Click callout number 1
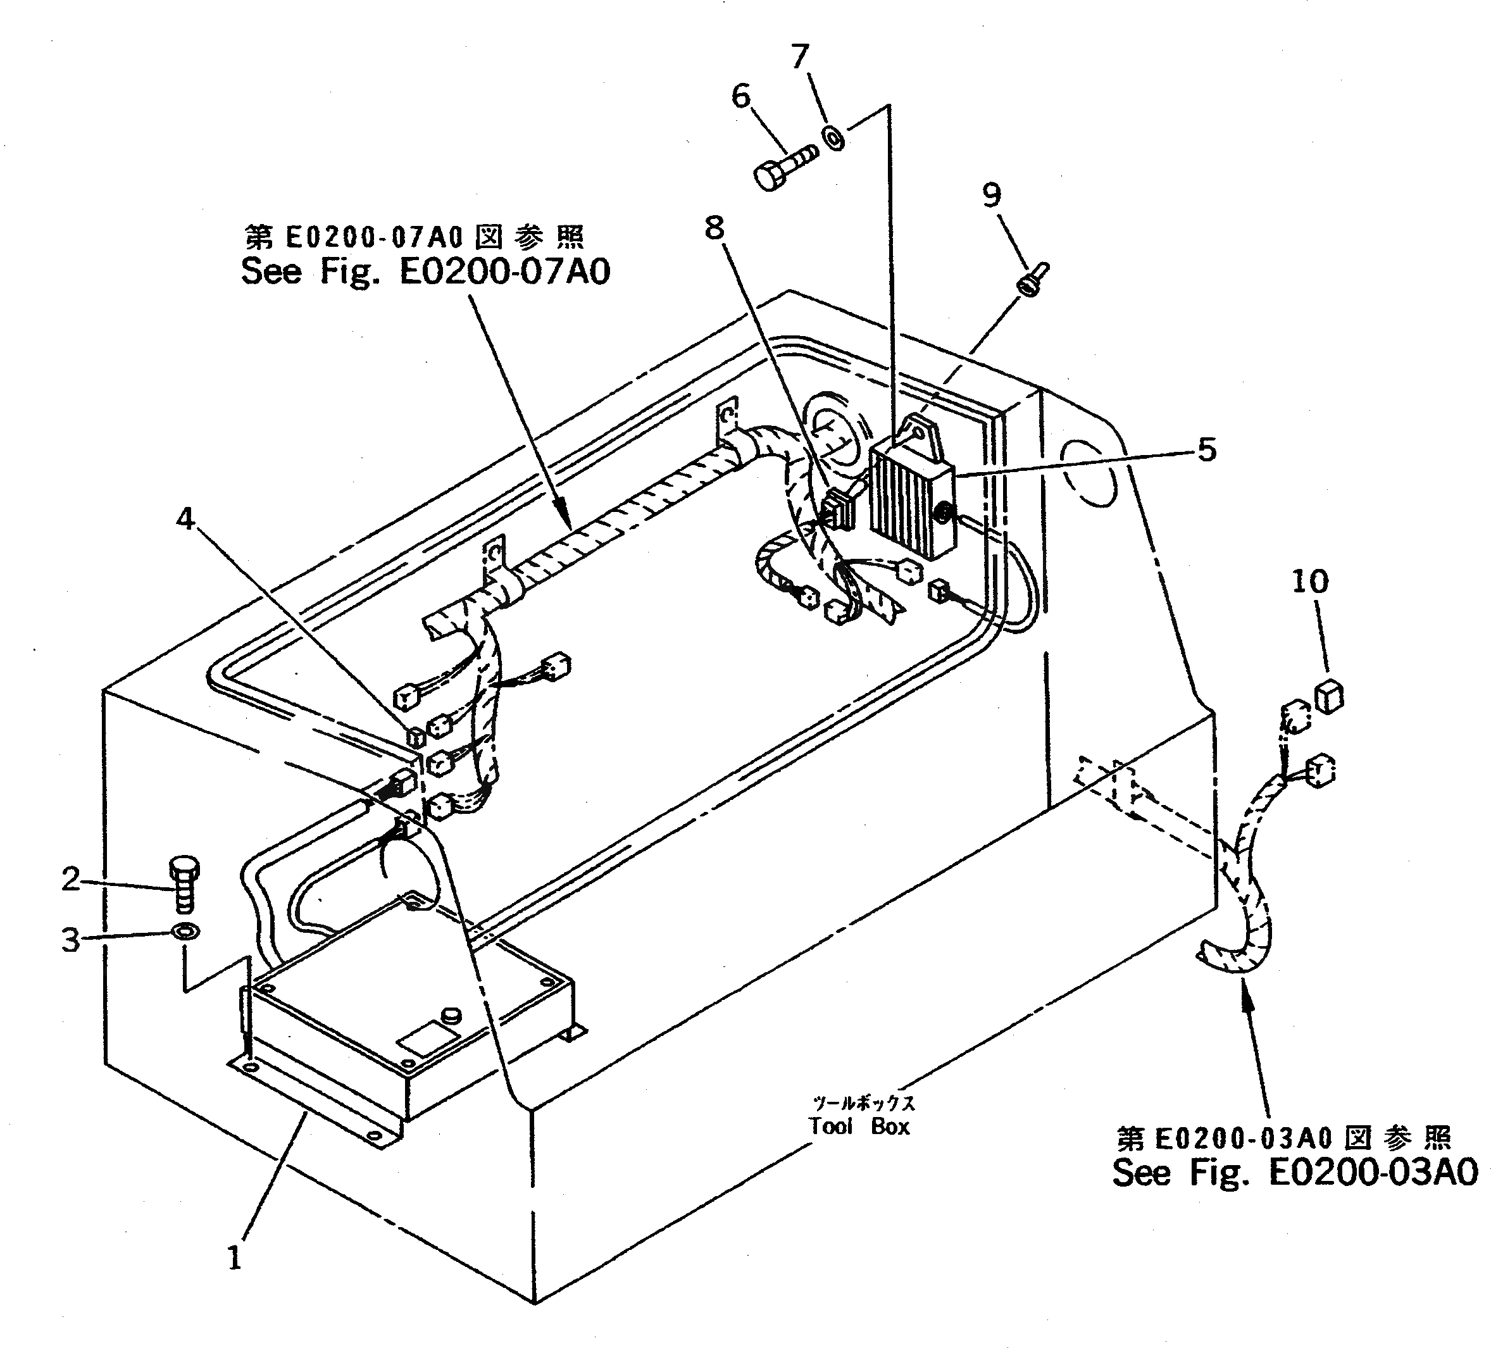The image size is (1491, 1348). click(x=234, y=1258)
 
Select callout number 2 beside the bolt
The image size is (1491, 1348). click(x=70, y=879)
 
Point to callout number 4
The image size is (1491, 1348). click(x=185, y=519)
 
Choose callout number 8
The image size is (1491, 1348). click(x=714, y=228)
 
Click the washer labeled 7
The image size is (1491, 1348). click(x=833, y=138)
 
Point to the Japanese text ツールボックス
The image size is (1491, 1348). click(x=863, y=1102)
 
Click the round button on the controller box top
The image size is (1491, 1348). click(x=451, y=1015)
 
